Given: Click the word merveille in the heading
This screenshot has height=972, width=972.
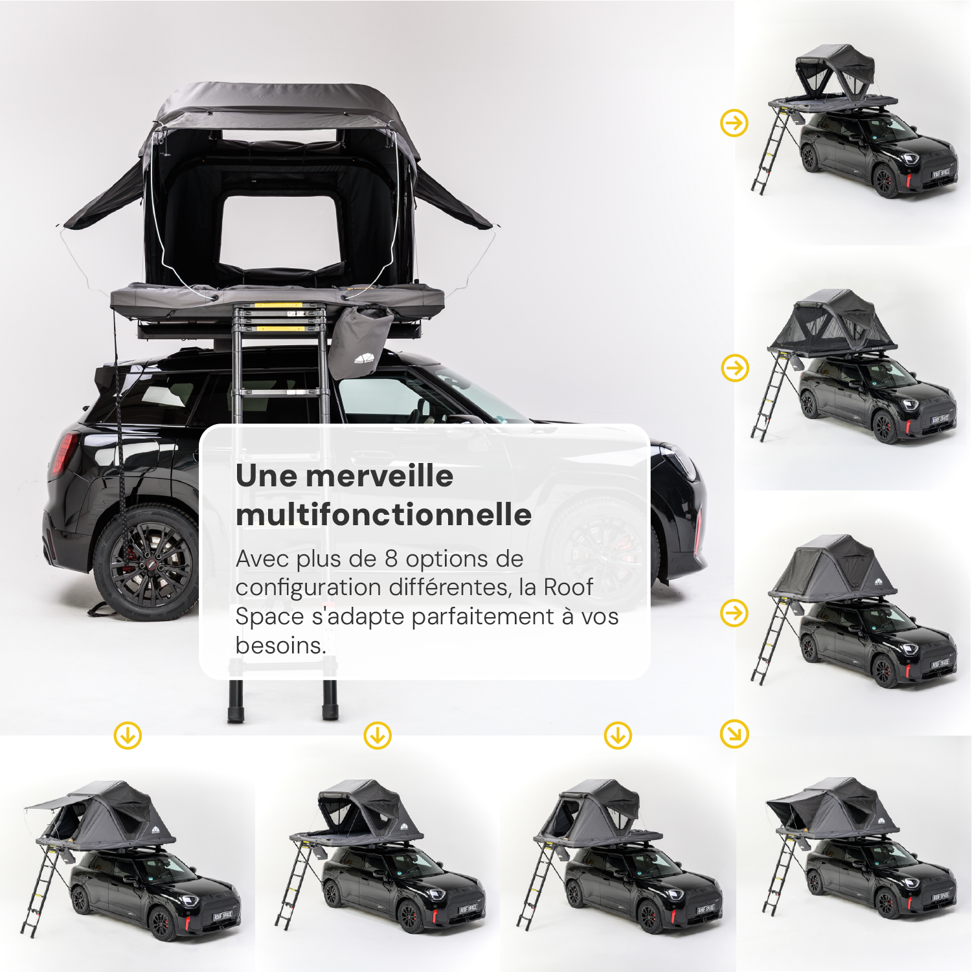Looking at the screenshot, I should pos(379,476).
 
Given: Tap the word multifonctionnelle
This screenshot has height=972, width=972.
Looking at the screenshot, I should pos(384,515).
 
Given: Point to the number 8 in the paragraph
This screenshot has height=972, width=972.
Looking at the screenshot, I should pos(391,559).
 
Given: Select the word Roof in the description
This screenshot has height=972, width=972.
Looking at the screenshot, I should pos(568,587).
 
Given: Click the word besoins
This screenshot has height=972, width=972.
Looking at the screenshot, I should pos(280,646).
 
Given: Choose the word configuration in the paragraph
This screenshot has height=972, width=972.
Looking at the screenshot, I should pos(308,587).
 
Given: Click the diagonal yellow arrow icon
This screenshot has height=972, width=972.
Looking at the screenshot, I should pos(734,734).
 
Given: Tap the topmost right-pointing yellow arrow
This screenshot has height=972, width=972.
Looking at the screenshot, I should pos(734,123).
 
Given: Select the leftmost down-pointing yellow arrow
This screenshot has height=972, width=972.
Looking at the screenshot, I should pos(128,736).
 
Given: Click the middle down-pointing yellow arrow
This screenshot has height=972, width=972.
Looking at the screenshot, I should pos(378,736).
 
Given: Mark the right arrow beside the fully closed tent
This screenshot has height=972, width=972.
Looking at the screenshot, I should pos(734,613).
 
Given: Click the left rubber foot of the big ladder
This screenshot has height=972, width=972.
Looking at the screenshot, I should pos(236,703).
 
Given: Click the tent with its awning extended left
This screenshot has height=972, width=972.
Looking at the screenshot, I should pos(104,816).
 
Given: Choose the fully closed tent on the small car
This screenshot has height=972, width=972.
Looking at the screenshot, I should pos(833,569).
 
